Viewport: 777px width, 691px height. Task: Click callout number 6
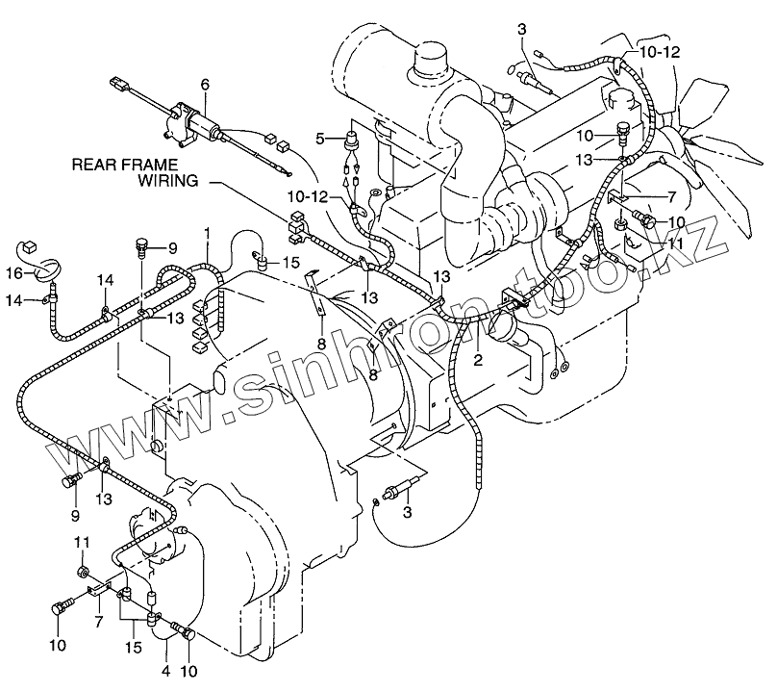(x=205, y=85)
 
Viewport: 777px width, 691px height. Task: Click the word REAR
(x=94, y=165)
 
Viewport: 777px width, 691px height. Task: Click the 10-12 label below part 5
(x=310, y=196)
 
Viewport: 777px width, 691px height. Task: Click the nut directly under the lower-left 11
(x=85, y=574)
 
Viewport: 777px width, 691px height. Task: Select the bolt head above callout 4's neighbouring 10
(x=183, y=632)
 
